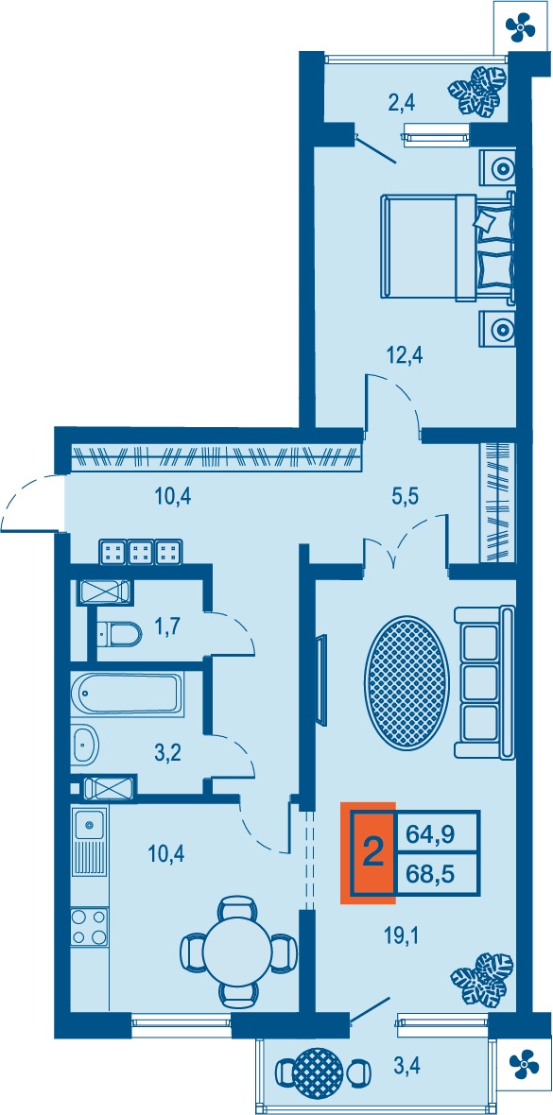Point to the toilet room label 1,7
point(167,627)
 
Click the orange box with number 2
point(370,852)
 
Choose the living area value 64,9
point(440,832)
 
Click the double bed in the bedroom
point(448,246)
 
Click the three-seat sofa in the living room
point(484,681)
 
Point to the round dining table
point(238,950)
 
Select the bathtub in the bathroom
point(128,694)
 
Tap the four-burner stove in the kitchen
point(90,927)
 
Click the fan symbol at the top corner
point(520,27)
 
